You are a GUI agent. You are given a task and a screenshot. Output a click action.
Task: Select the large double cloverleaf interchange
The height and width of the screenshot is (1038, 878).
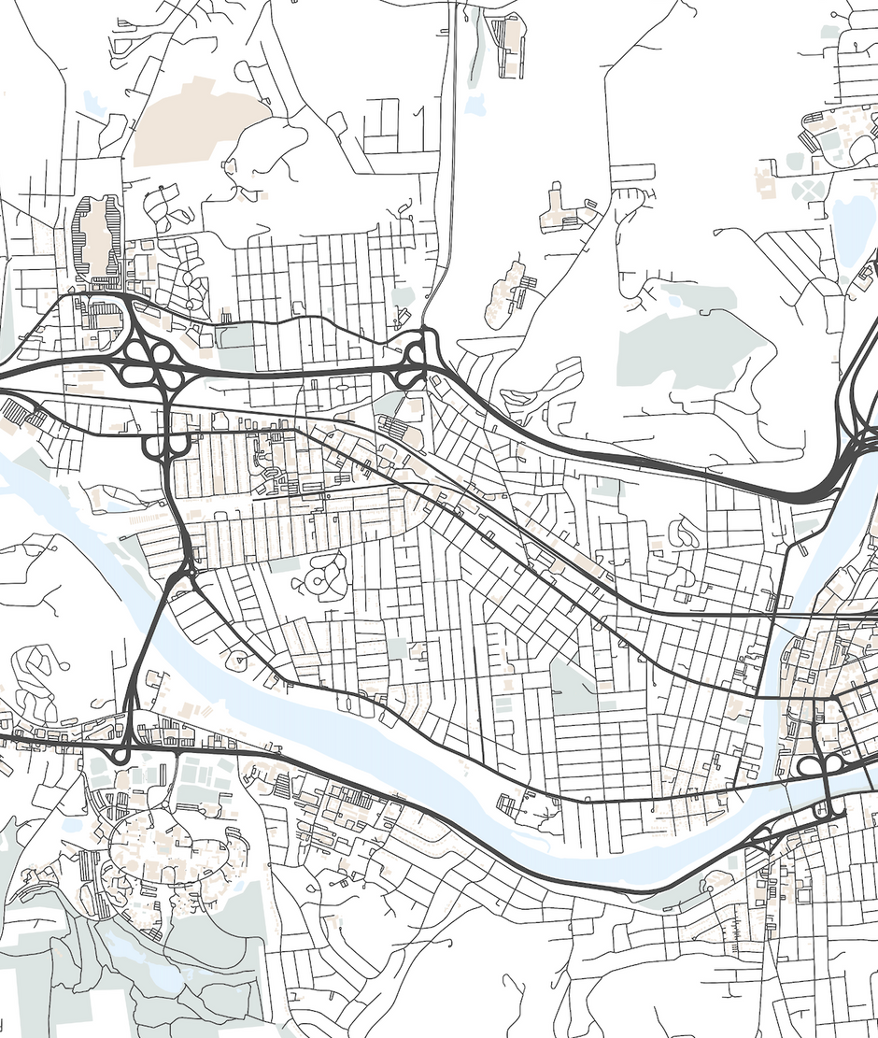tap(149, 360)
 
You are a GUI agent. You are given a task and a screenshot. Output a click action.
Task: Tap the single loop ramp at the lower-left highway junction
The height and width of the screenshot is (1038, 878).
tap(120, 752)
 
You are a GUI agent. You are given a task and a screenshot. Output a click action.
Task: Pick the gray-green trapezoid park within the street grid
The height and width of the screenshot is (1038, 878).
tap(572, 687)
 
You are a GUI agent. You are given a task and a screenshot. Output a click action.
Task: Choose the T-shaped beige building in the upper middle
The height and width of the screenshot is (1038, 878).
tap(558, 210)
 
